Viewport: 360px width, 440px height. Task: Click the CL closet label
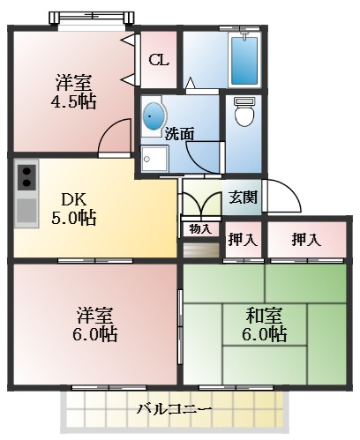tap(159, 60)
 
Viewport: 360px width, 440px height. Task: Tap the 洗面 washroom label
tap(179, 133)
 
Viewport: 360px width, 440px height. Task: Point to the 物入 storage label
tap(200, 228)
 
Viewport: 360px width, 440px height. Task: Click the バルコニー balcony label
tap(174, 409)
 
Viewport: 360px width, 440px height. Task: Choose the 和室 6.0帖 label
tap(265, 324)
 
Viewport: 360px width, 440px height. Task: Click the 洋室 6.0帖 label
tap(94, 324)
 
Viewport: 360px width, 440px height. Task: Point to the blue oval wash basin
tap(154, 115)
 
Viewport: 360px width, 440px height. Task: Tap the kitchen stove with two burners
tap(26, 176)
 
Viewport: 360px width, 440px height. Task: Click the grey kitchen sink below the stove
tap(26, 211)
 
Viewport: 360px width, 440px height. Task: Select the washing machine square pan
tap(155, 158)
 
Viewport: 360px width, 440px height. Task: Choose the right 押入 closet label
tap(305, 240)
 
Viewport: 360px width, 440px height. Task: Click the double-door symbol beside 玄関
tap(200, 204)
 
